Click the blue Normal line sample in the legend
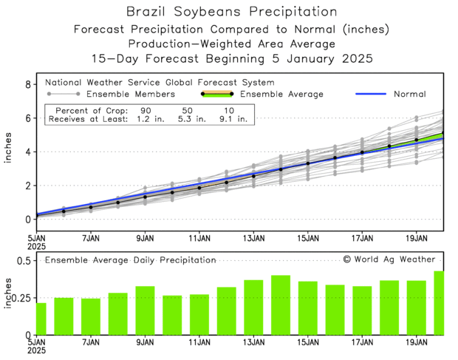377,95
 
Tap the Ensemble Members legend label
131,95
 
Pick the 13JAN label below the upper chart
253,239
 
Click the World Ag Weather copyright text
389,259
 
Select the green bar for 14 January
281,305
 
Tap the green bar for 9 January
145,310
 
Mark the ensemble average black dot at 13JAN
253,176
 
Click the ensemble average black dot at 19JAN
417,140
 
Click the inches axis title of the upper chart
8,154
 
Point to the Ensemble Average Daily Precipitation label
130,260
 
